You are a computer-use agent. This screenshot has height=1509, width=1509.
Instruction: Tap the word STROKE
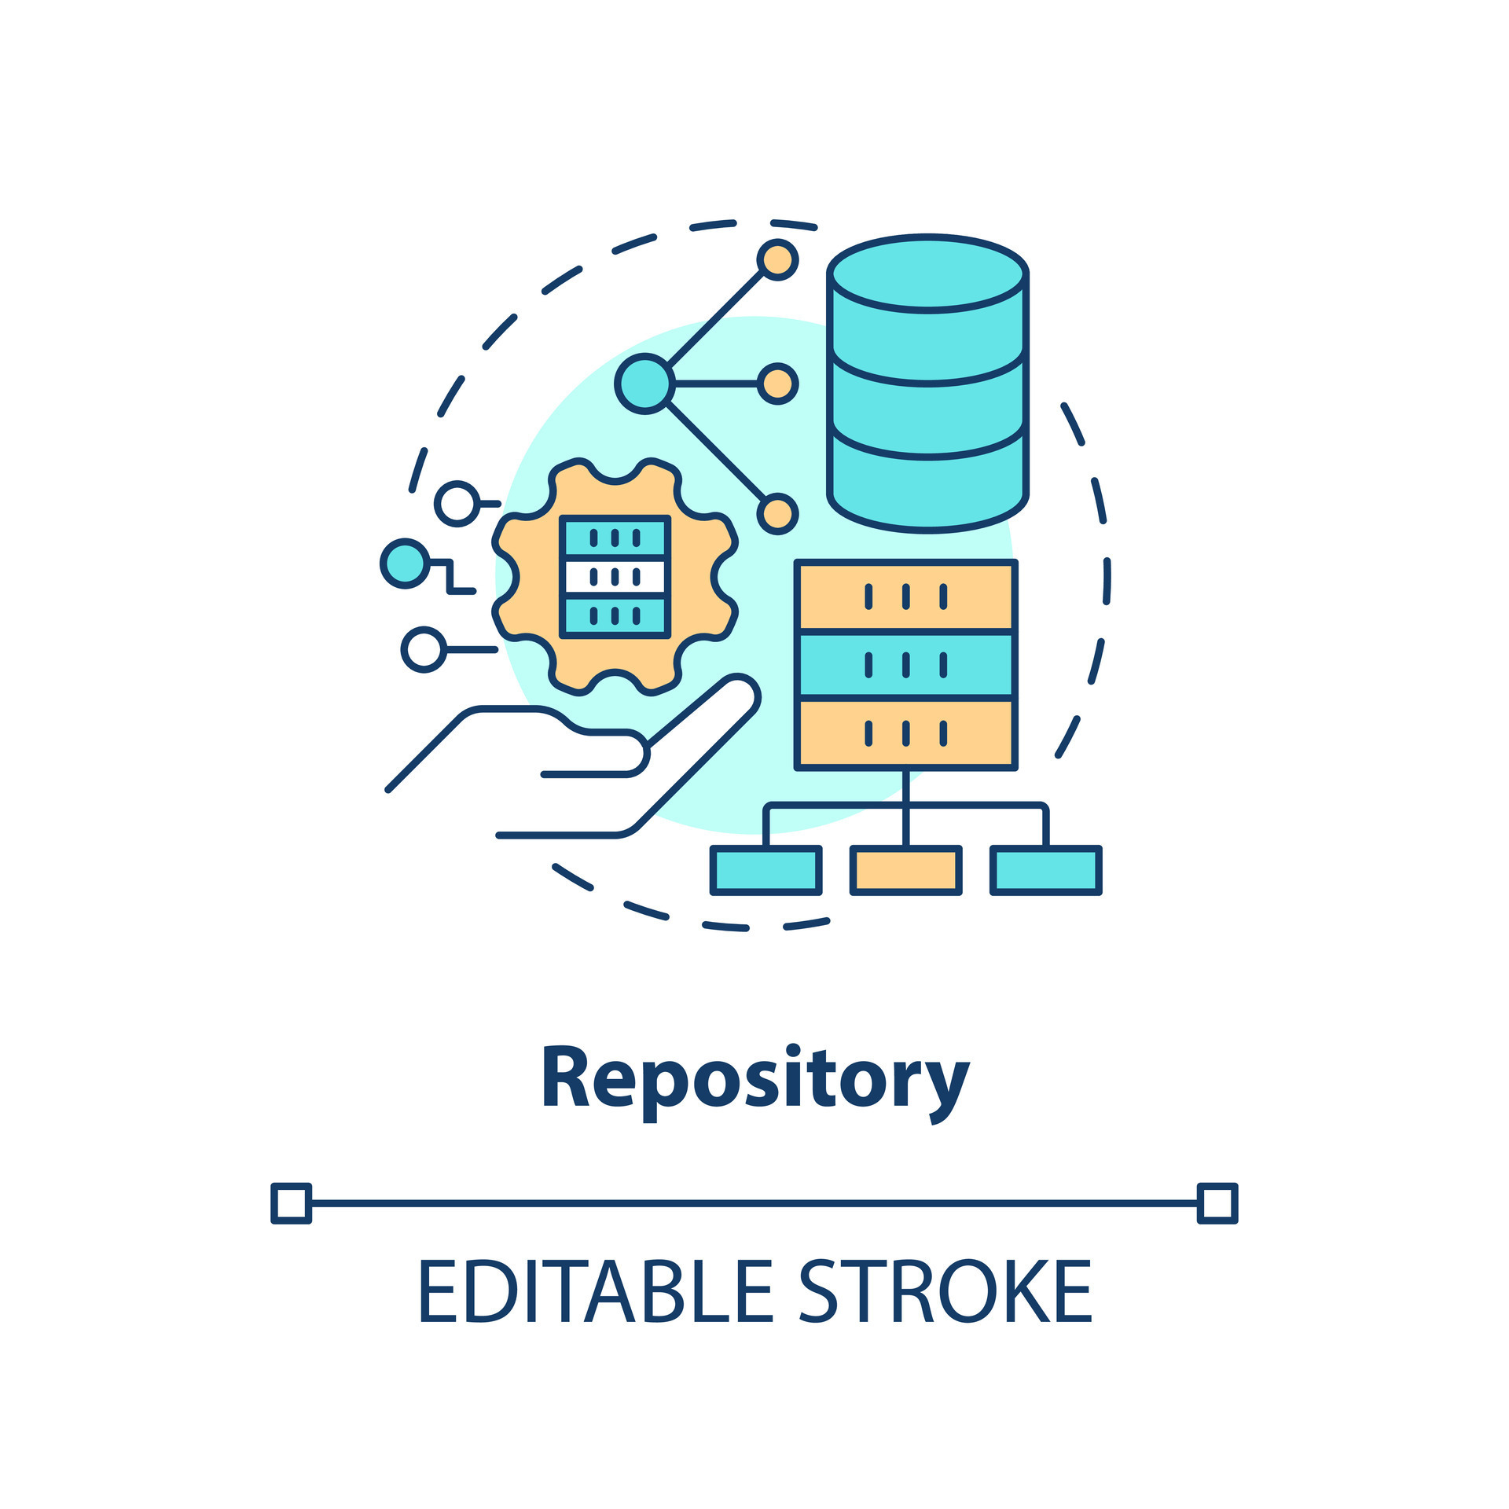click(x=945, y=1291)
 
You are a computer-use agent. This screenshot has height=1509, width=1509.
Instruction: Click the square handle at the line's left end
click(x=292, y=1203)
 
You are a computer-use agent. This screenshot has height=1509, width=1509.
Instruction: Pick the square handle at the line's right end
click(x=1217, y=1203)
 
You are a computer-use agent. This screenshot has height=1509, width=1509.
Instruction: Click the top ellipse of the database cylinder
click(x=928, y=274)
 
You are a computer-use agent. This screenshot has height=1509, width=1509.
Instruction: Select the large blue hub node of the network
click(x=644, y=384)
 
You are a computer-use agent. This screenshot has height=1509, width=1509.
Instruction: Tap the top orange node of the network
click(x=777, y=259)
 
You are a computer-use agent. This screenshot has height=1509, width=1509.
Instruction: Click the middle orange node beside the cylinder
click(x=777, y=384)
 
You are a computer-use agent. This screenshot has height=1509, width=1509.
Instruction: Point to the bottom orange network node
click(x=777, y=514)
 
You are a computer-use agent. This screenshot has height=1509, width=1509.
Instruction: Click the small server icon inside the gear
click(x=615, y=576)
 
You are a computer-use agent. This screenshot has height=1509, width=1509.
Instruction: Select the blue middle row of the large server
click(x=906, y=665)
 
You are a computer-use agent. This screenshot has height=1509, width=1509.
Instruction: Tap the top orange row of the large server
click(x=906, y=597)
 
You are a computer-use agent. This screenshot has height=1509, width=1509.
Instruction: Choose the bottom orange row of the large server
click(x=906, y=732)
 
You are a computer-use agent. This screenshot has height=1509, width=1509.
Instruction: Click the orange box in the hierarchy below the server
click(x=906, y=871)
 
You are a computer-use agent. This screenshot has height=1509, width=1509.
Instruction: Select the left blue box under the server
click(x=766, y=871)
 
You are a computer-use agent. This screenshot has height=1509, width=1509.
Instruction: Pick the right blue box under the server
click(x=1045, y=871)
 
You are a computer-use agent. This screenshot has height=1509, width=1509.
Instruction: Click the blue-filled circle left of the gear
click(x=405, y=564)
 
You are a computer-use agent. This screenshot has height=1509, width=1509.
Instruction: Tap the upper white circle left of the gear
click(x=457, y=503)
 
